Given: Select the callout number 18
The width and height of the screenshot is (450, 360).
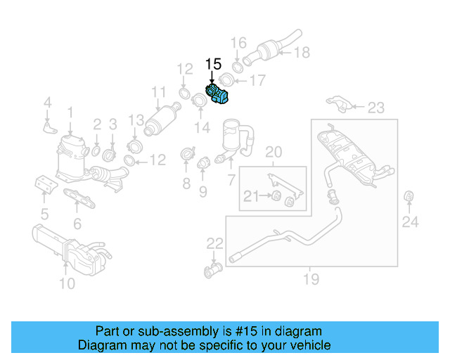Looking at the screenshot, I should (302, 53).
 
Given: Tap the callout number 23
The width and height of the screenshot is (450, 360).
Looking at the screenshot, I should (376, 108).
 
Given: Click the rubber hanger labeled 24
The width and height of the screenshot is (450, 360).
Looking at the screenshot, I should (409, 195).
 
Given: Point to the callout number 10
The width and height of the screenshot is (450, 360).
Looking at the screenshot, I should (67, 283).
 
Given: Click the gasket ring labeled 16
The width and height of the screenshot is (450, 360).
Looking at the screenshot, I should (237, 67).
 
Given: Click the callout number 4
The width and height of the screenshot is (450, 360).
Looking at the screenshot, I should (47, 103).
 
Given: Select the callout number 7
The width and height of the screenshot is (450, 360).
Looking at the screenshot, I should (231, 180).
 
